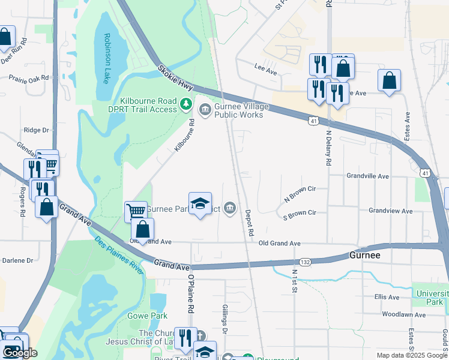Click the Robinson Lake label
[107, 58]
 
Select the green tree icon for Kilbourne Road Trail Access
[186, 106]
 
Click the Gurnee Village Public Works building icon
[205, 109]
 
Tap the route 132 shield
[304, 262]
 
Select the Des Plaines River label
[119, 256]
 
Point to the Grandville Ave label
[368, 176]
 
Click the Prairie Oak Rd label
[28, 78]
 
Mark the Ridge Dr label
[35, 130]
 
